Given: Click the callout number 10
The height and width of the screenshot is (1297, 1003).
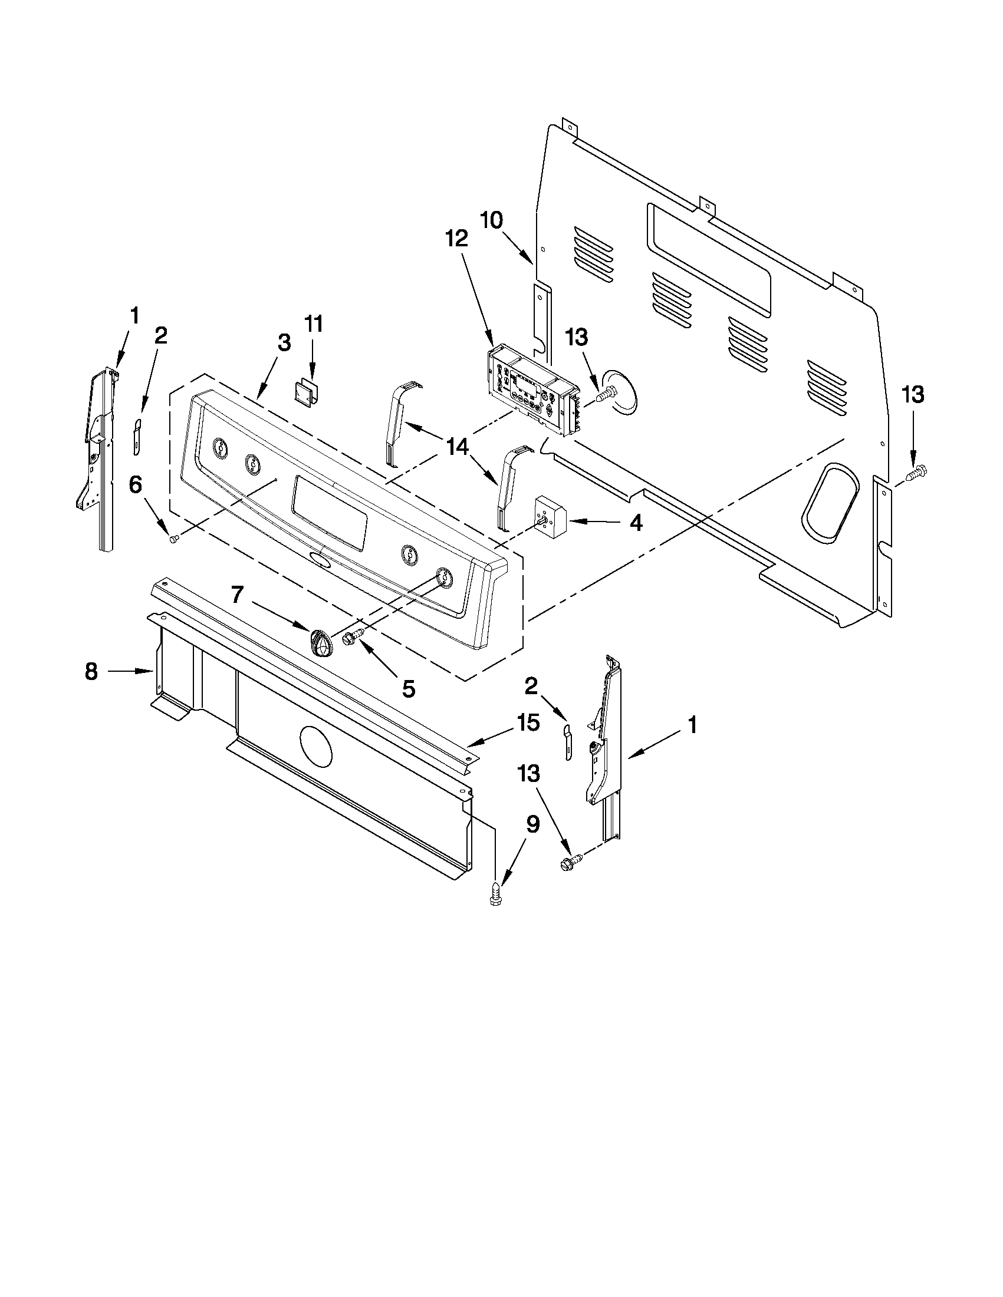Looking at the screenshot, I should click(x=491, y=221).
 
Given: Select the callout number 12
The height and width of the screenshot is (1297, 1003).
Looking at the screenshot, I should click(x=456, y=239).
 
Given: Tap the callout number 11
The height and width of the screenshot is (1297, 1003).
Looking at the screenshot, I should click(x=313, y=324).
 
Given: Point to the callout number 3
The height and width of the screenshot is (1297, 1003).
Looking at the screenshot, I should click(x=284, y=342).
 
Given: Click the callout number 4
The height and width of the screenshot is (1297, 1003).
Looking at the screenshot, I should click(x=635, y=523).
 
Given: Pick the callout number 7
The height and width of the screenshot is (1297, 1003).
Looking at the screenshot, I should click(x=237, y=595).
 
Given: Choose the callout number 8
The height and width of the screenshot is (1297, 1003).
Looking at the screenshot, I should click(x=91, y=672).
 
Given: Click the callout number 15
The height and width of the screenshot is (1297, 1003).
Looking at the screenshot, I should click(x=527, y=723).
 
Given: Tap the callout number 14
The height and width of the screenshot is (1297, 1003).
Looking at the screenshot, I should click(x=458, y=447).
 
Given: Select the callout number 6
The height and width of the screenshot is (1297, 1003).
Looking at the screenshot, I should click(x=136, y=485).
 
